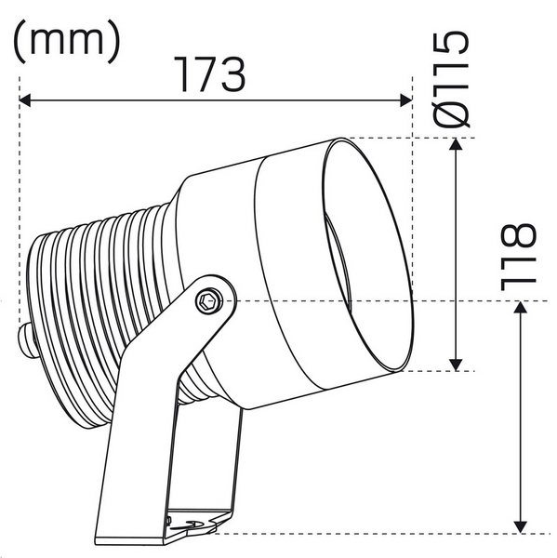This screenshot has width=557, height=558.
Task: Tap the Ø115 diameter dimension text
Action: (x=454, y=78)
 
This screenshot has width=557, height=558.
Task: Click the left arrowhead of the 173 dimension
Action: (x=26, y=99)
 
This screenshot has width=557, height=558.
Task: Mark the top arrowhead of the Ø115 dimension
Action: (x=456, y=145)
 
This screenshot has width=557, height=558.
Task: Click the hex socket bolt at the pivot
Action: (x=210, y=299)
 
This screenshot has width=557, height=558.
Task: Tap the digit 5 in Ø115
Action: (x=454, y=46)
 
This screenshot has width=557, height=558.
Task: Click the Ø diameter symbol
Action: (x=454, y=111)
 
